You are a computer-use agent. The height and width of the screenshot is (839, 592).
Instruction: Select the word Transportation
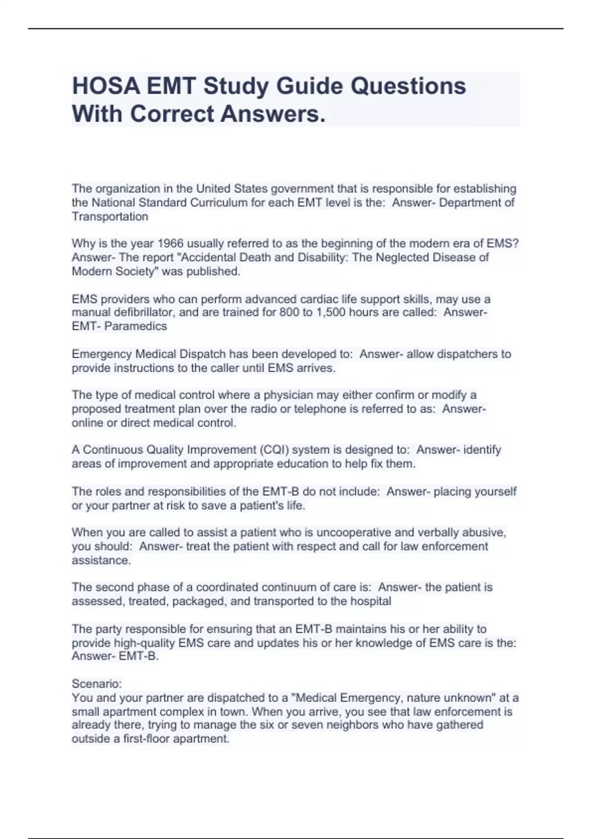(110, 217)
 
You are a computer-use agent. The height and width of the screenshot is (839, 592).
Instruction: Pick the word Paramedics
(136, 326)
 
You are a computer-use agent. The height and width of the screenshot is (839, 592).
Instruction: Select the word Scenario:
(97, 684)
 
